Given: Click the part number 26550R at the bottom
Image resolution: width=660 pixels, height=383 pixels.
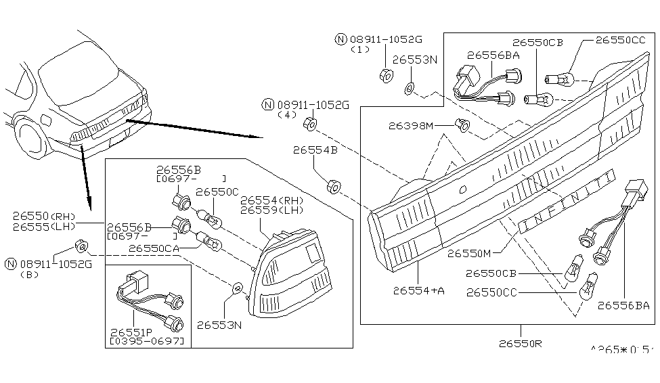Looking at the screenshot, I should pos(519,343).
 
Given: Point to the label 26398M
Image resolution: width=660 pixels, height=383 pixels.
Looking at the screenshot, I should pos(412,125).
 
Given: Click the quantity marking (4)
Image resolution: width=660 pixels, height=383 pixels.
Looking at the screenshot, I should pos(287,115).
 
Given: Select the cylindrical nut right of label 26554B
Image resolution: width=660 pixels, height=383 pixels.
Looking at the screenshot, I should pos(332,185).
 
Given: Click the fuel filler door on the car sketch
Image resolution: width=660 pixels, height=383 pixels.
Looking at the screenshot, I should pos(46,120).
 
